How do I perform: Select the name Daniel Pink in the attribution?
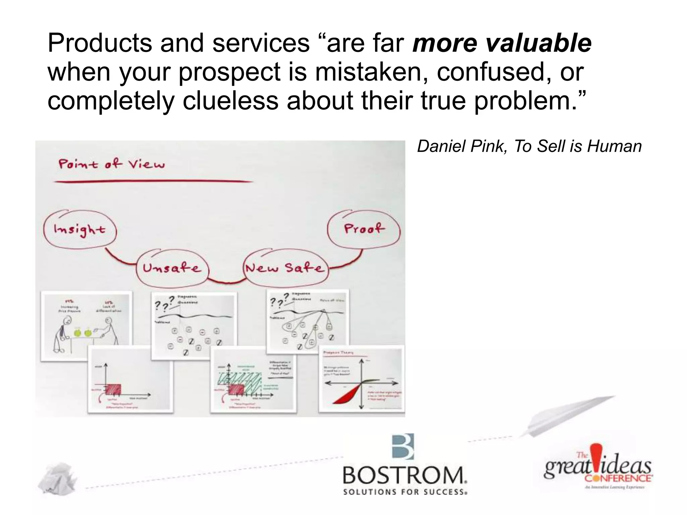[461, 147]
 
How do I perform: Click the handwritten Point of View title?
[112, 164]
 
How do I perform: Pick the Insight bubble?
[80, 230]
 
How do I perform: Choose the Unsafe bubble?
[172, 268]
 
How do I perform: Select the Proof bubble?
[364, 229]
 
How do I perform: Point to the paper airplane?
[567, 416]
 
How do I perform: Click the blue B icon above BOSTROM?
[403, 447]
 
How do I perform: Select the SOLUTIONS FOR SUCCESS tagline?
[405, 492]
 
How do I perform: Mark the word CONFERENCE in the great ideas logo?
[618, 478]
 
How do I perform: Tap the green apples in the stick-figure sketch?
[83, 333]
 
